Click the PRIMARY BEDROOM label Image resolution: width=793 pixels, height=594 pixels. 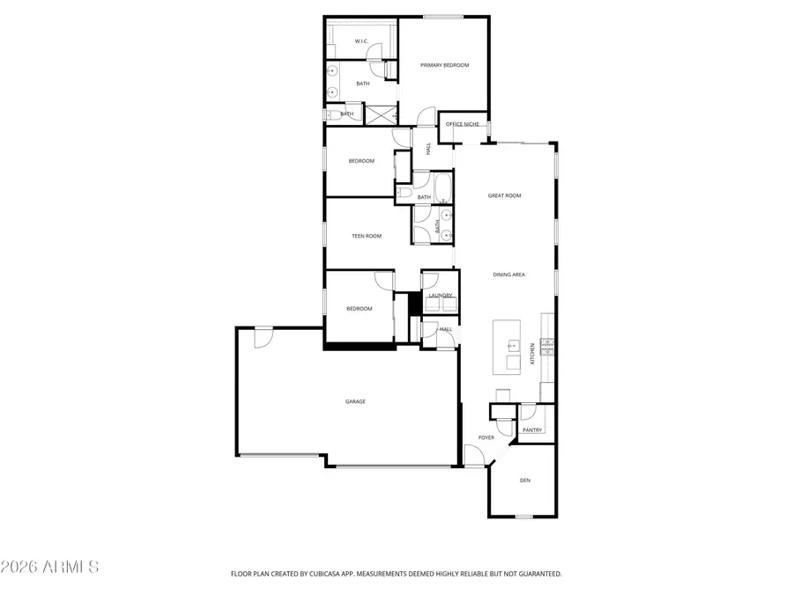(444, 65)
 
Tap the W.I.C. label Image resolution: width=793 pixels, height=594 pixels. (361, 41)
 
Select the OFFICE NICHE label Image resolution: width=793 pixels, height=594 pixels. (463, 124)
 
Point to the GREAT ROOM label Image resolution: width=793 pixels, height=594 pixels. (505, 195)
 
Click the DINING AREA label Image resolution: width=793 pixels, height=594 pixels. (508, 275)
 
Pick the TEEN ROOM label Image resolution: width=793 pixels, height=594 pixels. (367, 236)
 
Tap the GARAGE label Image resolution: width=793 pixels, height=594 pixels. (355, 401)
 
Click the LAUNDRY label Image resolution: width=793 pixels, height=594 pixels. (441, 296)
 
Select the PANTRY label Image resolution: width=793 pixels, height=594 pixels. (532, 430)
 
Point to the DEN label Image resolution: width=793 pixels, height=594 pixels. (525, 480)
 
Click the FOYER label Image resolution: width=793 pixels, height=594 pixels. (486, 437)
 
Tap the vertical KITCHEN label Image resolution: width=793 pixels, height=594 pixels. (532, 354)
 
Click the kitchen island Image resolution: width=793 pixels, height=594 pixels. (507, 346)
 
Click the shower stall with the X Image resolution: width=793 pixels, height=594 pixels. (382, 114)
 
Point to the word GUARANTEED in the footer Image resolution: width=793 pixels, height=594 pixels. (537, 574)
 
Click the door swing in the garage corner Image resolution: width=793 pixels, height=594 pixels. (263, 336)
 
